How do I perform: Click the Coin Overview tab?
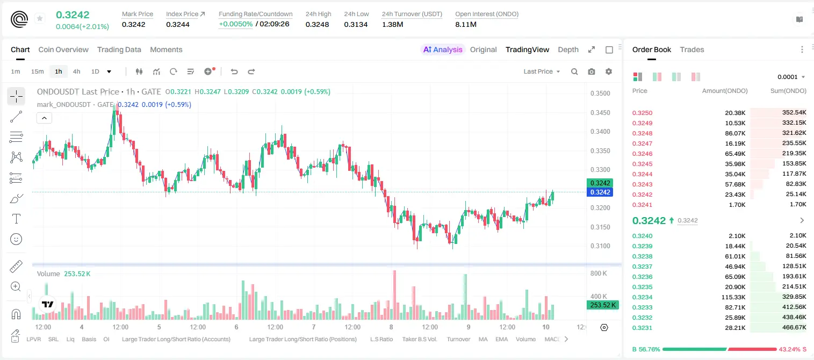click(63, 49)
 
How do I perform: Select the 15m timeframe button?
click(37, 71)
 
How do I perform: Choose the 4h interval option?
click(76, 71)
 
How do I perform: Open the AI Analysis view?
click(443, 49)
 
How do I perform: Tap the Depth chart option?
click(568, 49)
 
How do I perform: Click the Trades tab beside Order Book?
click(692, 49)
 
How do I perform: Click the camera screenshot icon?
click(592, 71)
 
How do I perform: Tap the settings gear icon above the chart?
click(609, 71)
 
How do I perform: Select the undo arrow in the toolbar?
click(234, 71)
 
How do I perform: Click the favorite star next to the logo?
click(40, 18)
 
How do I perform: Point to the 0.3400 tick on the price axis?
click(600, 132)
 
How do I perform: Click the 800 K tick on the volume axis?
click(599, 273)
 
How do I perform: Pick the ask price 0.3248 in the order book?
click(642, 133)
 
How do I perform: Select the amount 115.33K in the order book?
click(733, 297)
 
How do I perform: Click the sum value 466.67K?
click(794, 327)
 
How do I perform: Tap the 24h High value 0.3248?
click(317, 24)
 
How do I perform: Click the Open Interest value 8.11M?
click(466, 24)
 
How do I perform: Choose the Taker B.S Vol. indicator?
click(419, 339)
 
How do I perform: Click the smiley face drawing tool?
click(16, 239)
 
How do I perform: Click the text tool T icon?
click(16, 219)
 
